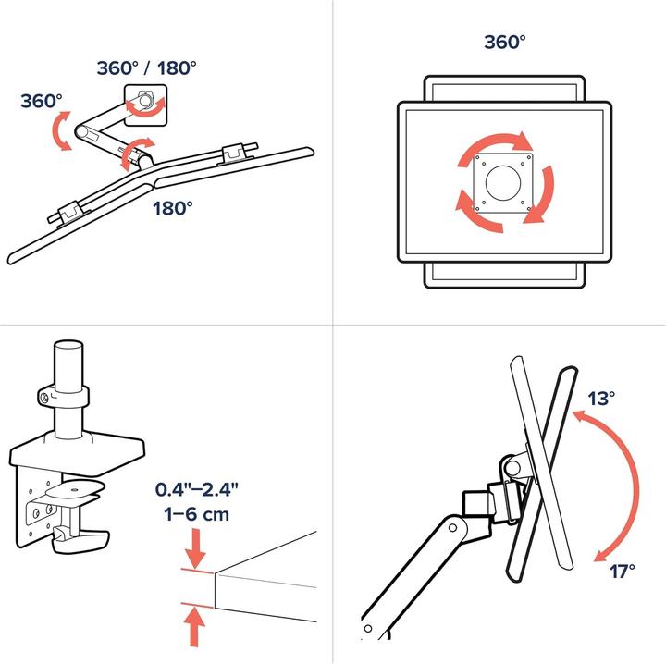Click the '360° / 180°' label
pyautogui.click(x=146, y=68)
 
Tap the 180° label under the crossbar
pyautogui.click(x=172, y=208)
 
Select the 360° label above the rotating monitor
pyautogui.click(x=505, y=42)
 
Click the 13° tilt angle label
pyautogui.click(x=601, y=399)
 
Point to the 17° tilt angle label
pyautogui.click(x=623, y=571)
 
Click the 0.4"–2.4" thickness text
pyautogui.click(x=197, y=489)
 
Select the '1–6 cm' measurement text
pyautogui.click(x=197, y=514)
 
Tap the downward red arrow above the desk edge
pyautogui.click(x=195, y=547)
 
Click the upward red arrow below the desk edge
pyautogui.click(x=194, y=627)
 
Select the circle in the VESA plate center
pyautogui.click(x=503, y=183)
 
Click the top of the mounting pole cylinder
pyautogui.click(x=68, y=344)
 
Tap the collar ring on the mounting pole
pyautogui.click(x=63, y=396)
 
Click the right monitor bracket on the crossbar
pyautogui.click(x=235, y=154)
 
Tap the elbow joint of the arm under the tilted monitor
pyautogui.click(x=452, y=528)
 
